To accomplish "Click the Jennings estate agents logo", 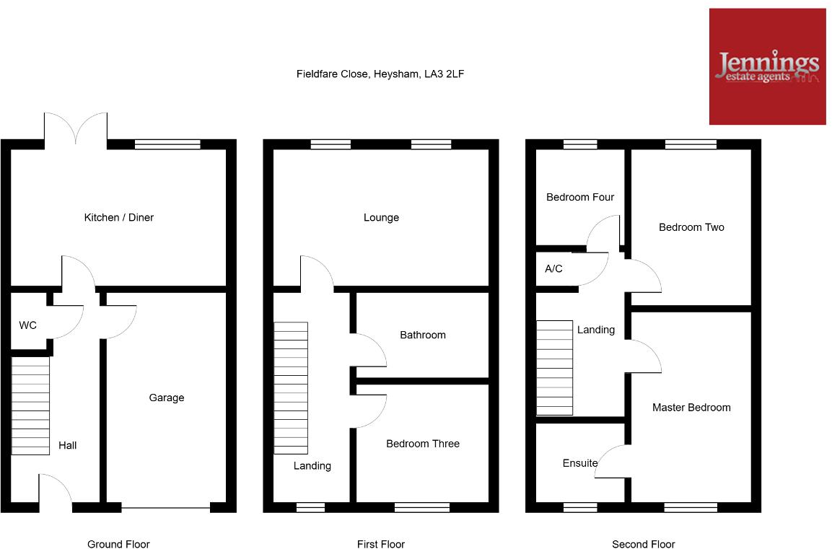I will pos(767,66).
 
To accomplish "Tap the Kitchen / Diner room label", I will pos(119,217).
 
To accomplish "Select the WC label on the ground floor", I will pos(27,325).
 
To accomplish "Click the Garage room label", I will pos(167,398).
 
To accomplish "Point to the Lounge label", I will pos(381,217).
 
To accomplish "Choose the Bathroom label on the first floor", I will pos(423,335).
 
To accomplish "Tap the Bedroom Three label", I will pos(423,444).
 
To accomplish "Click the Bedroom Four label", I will pos(580,197).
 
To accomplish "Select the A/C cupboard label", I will pos(553,269).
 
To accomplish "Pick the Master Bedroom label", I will pos(691,408).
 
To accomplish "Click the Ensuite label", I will pos(580,463).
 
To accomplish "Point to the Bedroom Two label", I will pos(691,227).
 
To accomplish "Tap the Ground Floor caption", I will pos(118,544).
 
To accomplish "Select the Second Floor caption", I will pos(644,544).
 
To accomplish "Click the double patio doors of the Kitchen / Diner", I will pos(76,130).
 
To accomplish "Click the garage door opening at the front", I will pos(166,508).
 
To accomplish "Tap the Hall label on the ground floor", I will pos(68,446).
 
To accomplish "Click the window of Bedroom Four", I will pos(580,144).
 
